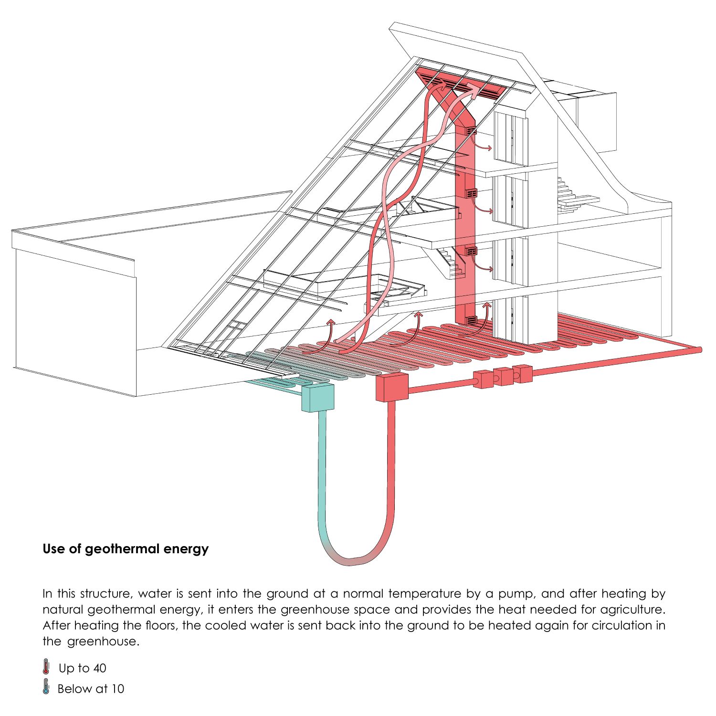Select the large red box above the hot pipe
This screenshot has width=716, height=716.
point(392,387)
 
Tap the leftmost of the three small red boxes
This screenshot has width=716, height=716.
point(483,379)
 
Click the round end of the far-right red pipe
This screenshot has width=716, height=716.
point(699,350)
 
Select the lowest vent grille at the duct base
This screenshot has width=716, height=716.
point(471,320)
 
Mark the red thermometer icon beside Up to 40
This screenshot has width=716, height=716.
point(46,667)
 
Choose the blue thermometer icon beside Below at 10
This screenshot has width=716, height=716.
point(46,687)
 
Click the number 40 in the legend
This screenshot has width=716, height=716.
point(100,668)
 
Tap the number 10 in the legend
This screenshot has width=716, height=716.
point(118,688)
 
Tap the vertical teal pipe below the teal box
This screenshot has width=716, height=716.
point(321,473)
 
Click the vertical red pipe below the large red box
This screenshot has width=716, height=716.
point(391,468)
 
